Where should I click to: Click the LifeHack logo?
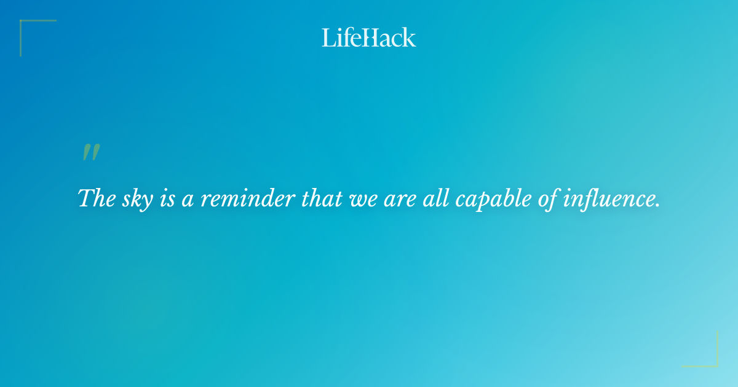pyautogui.click(x=369, y=37)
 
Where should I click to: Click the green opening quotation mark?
pyautogui.click(x=91, y=153)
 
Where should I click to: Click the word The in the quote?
pyautogui.click(x=93, y=198)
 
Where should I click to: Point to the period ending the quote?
pyautogui.click(x=657, y=206)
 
